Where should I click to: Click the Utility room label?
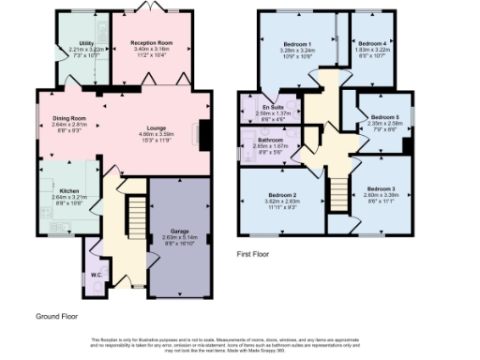[x=86, y=43]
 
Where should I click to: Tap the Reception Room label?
[x=150, y=43]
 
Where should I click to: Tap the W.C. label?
[x=97, y=275]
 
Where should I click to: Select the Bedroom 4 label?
[x=372, y=43]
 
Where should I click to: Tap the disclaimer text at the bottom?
[x=239, y=344]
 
